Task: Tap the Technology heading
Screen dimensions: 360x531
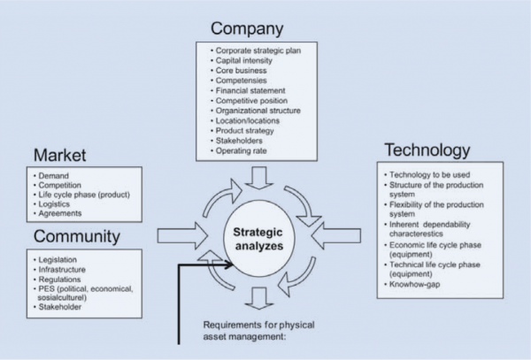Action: pos(427,149)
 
